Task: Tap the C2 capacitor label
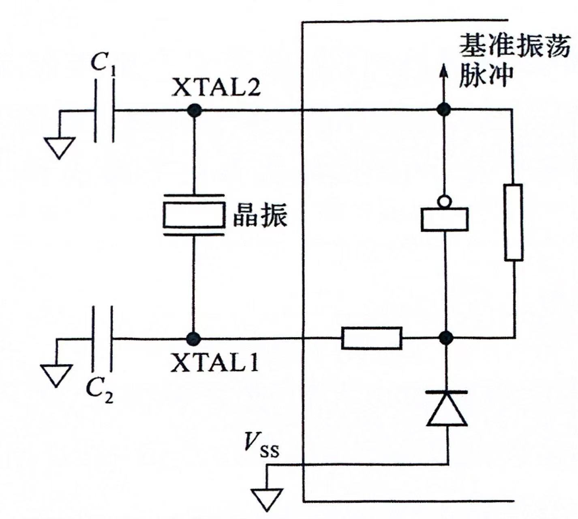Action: coord(99,391)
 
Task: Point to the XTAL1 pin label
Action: coord(214,363)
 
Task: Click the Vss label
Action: coord(261,445)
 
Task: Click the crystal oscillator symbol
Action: coord(194,215)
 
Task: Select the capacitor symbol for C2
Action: coord(102,338)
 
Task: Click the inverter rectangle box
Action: coord(445,219)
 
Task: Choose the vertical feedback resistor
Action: coord(513,222)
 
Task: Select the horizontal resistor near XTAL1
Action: coord(372,338)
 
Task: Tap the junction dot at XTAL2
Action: coord(194,110)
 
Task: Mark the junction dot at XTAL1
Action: coord(193,338)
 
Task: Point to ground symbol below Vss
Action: coord(267,499)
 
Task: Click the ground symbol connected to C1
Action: coord(60,147)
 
